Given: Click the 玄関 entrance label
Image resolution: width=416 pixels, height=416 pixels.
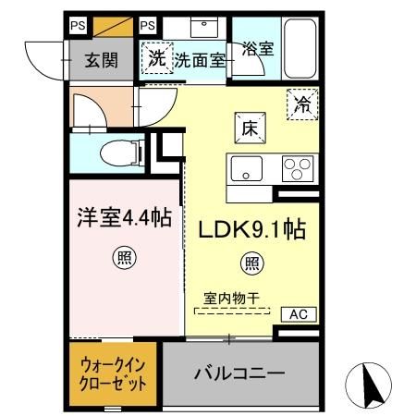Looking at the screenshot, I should point(101,61).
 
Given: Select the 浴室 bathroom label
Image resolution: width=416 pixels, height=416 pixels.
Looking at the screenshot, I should point(257,49).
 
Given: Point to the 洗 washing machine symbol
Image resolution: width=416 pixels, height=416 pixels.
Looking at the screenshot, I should point(157,58).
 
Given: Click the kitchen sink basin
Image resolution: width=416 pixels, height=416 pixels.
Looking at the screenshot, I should point(247,168).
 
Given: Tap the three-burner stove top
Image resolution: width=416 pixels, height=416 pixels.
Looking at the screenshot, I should point(297,168).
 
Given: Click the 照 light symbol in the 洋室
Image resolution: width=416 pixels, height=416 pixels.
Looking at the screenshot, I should point(122,258).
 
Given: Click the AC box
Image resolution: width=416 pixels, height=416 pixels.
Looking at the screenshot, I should point(298,314).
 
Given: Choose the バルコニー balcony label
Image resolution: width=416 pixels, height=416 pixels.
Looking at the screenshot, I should point(239,374).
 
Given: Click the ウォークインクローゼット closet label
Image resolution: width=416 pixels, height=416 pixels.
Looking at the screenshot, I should point(112,375).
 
